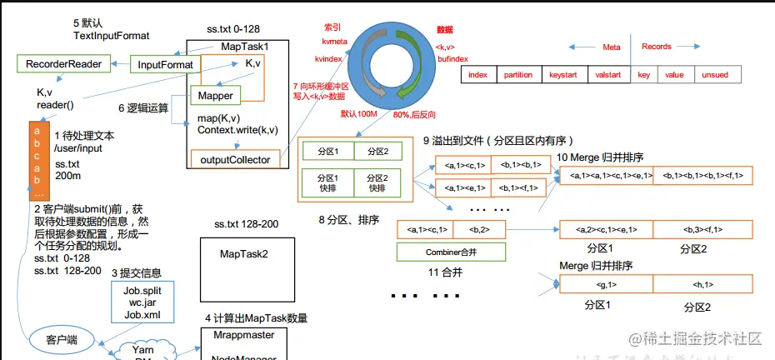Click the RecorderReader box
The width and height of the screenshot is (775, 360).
pyautogui.click(x=63, y=64)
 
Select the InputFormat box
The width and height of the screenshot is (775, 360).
pyautogui.click(x=164, y=64)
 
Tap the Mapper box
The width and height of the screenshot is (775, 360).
pyautogui.click(x=216, y=96)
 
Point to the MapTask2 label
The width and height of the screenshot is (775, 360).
pyautogui.click(x=244, y=252)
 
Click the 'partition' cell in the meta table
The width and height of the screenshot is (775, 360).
pyautogui.click(x=517, y=75)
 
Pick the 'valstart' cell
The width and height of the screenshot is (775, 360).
pyautogui.click(x=608, y=75)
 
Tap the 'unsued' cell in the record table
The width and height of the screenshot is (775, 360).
pyautogui.click(x=715, y=75)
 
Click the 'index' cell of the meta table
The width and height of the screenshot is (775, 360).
pyautogui.click(x=477, y=75)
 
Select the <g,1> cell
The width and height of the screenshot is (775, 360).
pyautogui.click(x=606, y=285)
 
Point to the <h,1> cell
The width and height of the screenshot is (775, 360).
pyautogui.click(x=702, y=285)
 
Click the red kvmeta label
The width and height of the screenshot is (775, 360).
pyautogui.click(x=333, y=40)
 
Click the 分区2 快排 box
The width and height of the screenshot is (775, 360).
pyautogui.click(x=377, y=182)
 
